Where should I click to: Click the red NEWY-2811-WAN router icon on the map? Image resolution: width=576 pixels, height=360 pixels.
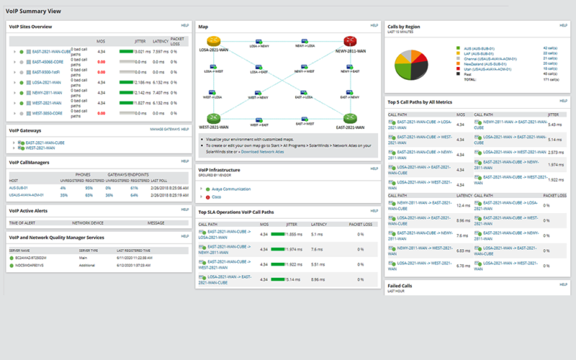[351, 42]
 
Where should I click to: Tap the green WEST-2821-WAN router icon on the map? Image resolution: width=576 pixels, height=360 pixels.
[212, 117]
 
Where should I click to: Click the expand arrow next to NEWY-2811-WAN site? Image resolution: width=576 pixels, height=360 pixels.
[14, 93]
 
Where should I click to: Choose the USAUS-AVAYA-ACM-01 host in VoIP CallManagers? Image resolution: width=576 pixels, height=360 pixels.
[27, 194]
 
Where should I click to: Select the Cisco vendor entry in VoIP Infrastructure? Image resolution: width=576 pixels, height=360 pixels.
[217, 196]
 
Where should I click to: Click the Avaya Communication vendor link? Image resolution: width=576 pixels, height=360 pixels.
[232, 189]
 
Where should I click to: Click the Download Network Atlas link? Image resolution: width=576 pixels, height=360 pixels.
[264, 151]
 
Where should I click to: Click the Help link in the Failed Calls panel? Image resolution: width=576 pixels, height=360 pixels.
[564, 284]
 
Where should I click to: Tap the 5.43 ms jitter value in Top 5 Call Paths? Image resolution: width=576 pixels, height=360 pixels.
[554, 125]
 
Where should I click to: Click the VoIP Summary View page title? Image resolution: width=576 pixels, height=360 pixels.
[33, 11]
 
